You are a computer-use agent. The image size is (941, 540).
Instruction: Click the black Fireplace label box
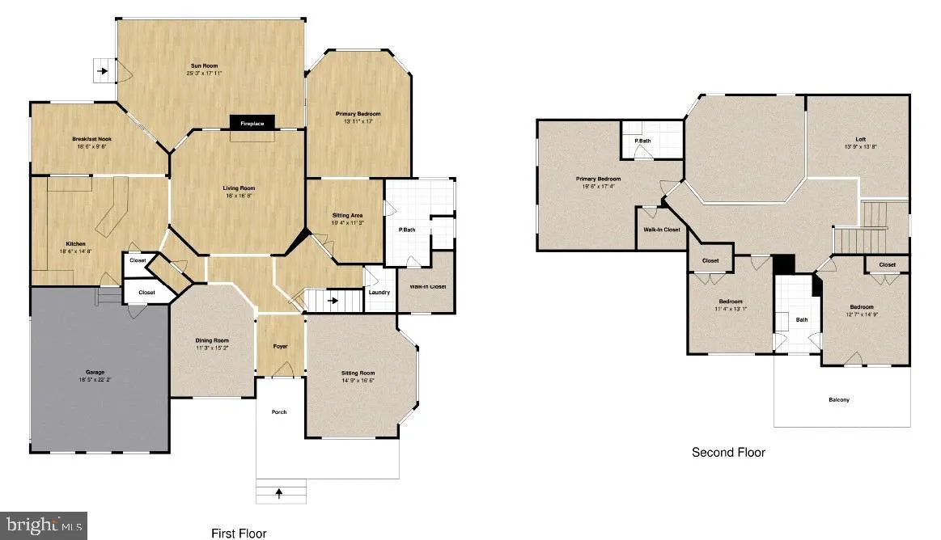click(252, 123)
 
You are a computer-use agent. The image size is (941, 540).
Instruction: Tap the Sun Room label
click(204, 65)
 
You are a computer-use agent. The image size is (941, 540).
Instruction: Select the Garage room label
click(95, 372)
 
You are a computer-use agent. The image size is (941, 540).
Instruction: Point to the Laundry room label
click(379, 292)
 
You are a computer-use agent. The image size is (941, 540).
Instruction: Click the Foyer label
click(280, 346)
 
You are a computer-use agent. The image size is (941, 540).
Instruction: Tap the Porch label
click(278, 411)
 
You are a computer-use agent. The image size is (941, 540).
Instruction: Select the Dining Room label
click(212, 340)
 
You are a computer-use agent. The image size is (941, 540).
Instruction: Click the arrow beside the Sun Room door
click(104, 71)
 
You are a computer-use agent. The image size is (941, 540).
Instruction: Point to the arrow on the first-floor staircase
click(332, 302)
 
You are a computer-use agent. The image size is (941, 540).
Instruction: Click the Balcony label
click(839, 399)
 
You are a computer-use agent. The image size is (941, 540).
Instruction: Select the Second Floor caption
click(728, 453)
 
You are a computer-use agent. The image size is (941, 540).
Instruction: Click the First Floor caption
click(239, 533)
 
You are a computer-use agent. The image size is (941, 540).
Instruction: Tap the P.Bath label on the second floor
click(642, 141)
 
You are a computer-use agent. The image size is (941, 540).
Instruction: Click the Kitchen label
click(76, 243)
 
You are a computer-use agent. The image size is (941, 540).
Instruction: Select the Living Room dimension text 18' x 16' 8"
click(239, 196)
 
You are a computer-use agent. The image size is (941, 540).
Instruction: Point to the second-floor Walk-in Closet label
click(662, 230)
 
